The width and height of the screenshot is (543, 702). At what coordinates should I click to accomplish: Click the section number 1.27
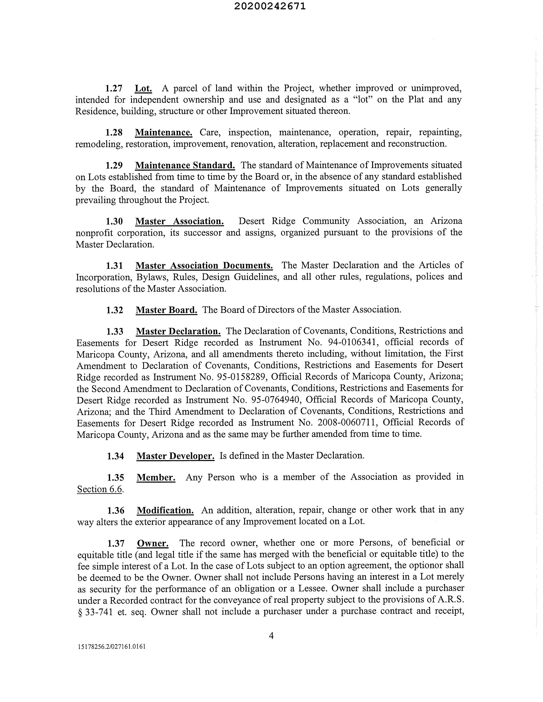pos(114,88)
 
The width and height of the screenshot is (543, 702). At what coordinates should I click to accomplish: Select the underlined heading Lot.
pos(143,88)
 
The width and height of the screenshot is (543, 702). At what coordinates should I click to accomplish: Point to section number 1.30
pos(114,221)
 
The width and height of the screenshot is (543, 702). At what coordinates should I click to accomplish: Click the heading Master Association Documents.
pos(204,266)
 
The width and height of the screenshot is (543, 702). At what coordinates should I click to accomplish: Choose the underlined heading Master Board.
pos(166,310)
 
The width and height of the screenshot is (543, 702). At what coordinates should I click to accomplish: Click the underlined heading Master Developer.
pos(175,456)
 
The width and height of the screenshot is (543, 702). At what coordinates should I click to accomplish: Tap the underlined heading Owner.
pos(153,543)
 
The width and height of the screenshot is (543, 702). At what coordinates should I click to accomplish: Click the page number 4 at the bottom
pos(271,635)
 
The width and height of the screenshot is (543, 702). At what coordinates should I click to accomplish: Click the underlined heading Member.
pos(156,478)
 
